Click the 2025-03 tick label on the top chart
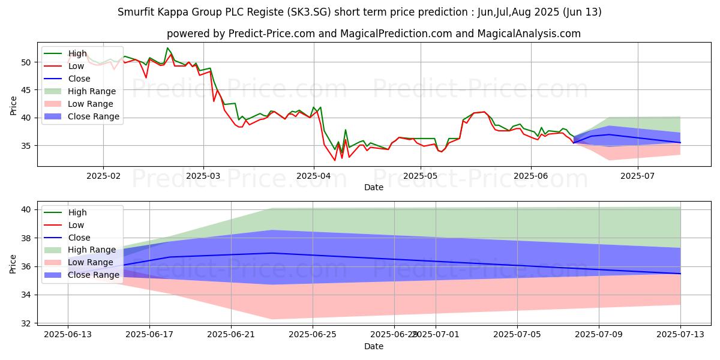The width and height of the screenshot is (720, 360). click(x=203, y=175)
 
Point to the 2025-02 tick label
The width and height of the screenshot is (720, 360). click(x=103, y=175)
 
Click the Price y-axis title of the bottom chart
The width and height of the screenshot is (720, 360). click(x=13, y=262)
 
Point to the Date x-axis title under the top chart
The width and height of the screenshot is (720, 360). click(x=374, y=187)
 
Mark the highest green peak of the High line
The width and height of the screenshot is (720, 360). click(x=167, y=48)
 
